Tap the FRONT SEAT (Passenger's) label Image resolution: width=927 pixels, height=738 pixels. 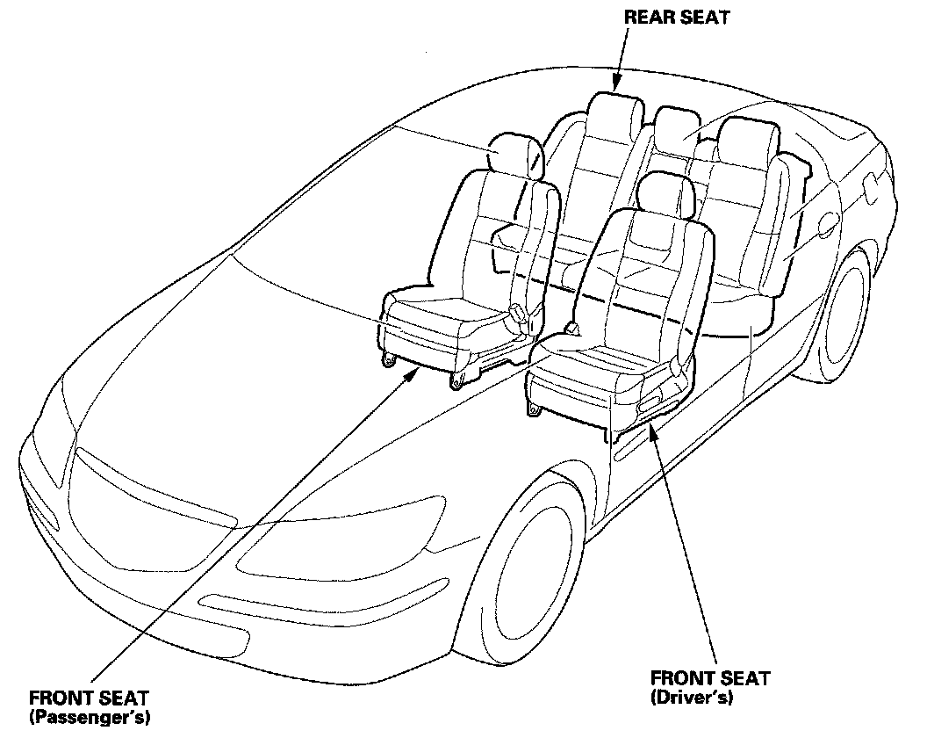pyautogui.click(x=89, y=707)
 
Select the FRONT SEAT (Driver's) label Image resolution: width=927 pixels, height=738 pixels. pyautogui.click(x=709, y=687)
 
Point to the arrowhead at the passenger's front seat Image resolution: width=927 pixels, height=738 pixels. pyautogui.click(x=413, y=373)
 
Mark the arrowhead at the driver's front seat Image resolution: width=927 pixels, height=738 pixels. pyautogui.click(x=652, y=426)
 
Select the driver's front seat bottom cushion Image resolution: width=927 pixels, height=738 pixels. pyautogui.click(x=606, y=360)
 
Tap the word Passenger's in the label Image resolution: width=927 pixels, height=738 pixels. pyautogui.click(x=89, y=718)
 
